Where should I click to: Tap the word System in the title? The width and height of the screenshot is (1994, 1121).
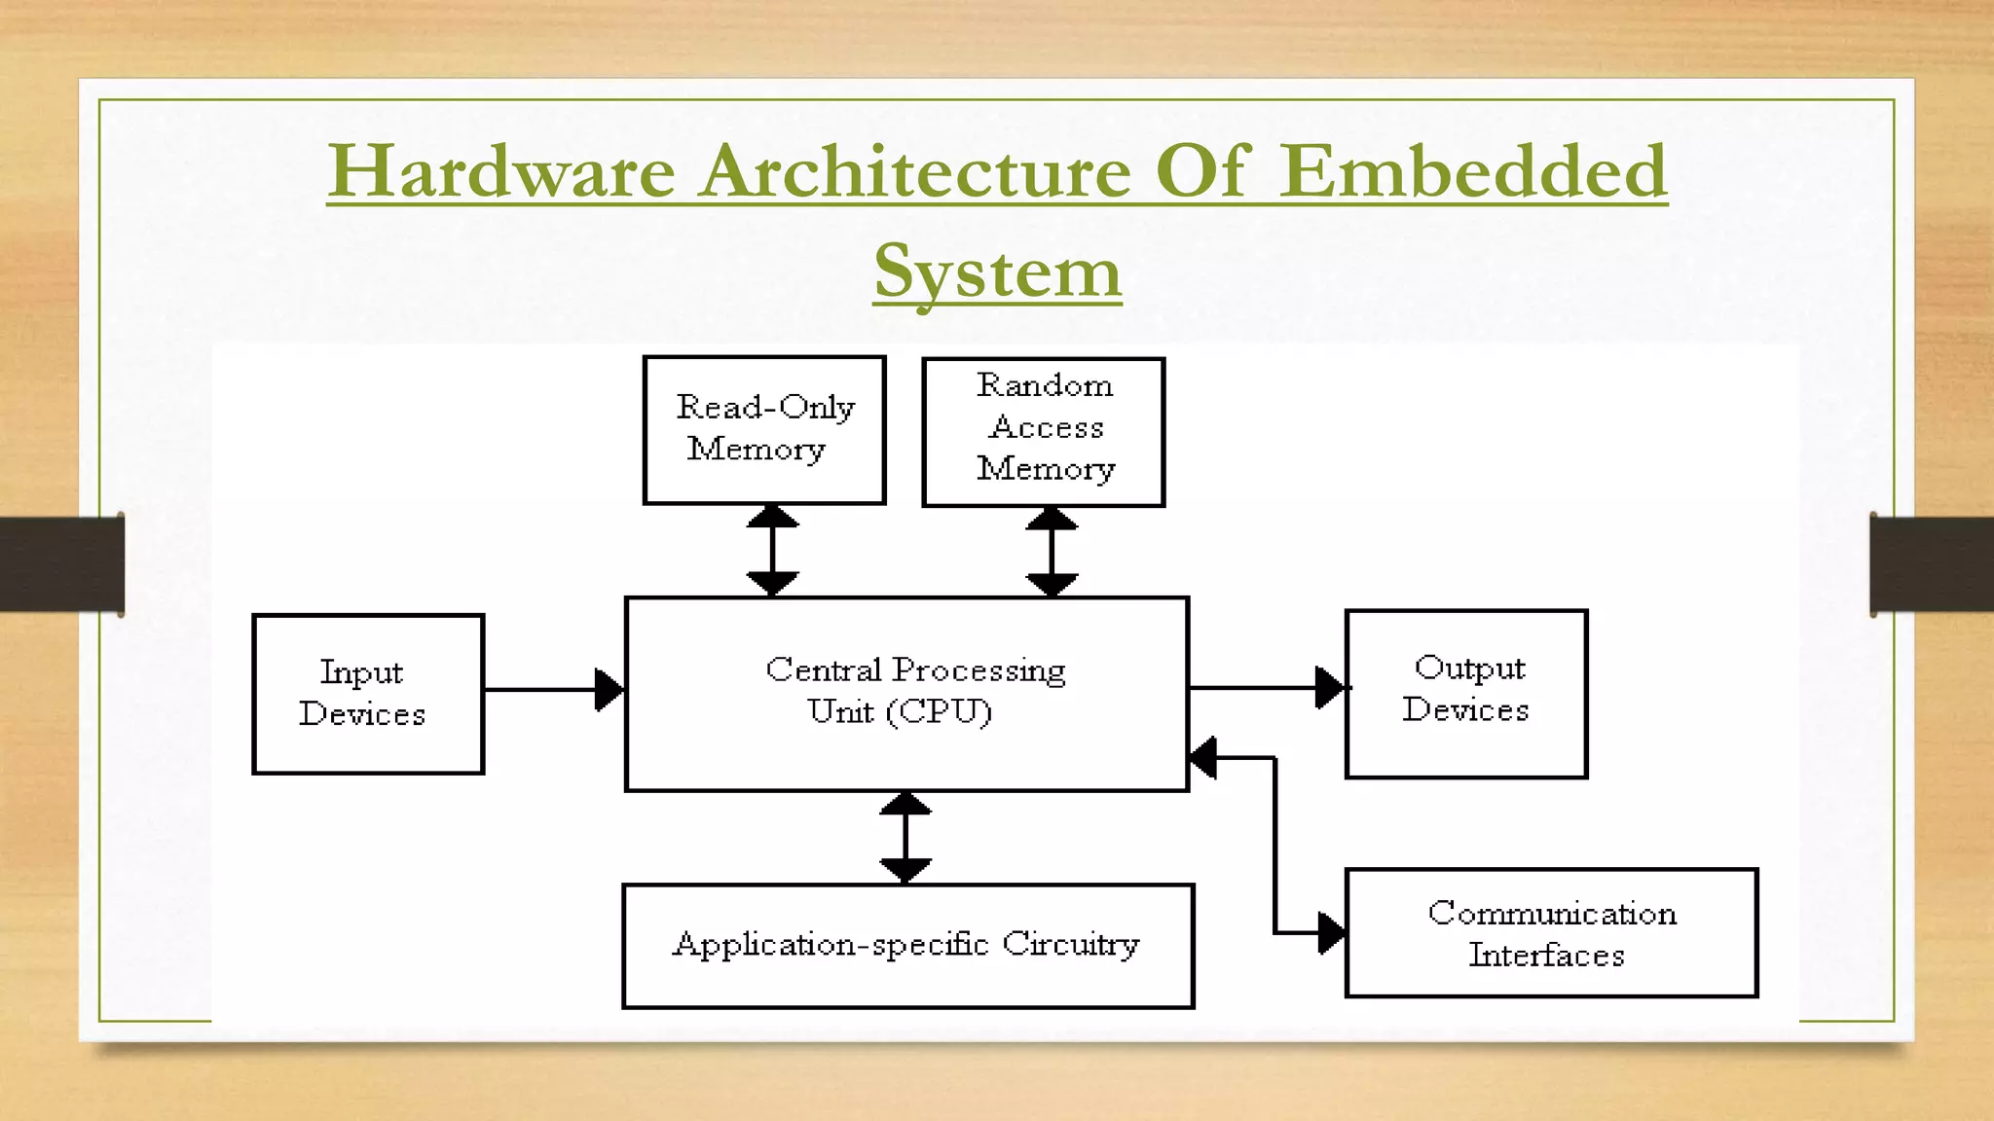pyautogui.click(x=997, y=272)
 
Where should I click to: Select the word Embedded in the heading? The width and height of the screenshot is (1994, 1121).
pyautogui.click(x=1472, y=172)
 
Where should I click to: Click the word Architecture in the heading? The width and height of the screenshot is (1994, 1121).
pyautogui.click(x=915, y=172)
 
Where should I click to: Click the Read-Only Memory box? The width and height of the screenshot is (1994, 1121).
pyautogui.click(x=764, y=430)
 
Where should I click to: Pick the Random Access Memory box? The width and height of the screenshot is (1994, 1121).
pyautogui.click(x=1044, y=431)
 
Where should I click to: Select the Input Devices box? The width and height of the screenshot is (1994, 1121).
pyautogui.click(x=368, y=694)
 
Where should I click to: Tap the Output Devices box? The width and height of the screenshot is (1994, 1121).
pyautogui.click(x=1466, y=694)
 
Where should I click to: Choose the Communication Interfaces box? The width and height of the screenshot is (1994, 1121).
pyautogui.click(x=1551, y=933)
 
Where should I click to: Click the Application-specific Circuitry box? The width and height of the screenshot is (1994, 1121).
pyautogui.click(x=907, y=946)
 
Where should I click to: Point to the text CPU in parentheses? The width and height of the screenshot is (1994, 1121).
pyautogui.click(x=940, y=712)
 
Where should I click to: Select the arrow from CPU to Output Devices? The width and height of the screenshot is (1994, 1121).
pyautogui.click(x=1266, y=688)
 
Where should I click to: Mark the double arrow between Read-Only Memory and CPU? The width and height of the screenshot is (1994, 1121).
pyautogui.click(x=772, y=550)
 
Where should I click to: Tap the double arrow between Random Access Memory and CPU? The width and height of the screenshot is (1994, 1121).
pyautogui.click(x=1052, y=552)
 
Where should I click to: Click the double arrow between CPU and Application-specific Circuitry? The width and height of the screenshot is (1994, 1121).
pyautogui.click(x=905, y=837)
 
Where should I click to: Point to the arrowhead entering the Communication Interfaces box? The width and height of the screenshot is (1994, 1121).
pyautogui.click(x=1331, y=933)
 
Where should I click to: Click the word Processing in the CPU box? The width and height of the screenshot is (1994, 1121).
pyautogui.click(x=979, y=670)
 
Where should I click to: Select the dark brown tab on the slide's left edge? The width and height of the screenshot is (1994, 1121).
pyautogui.click(x=61, y=564)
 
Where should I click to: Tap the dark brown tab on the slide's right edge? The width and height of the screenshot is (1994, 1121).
pyautogui.click(x=1932, y=564)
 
